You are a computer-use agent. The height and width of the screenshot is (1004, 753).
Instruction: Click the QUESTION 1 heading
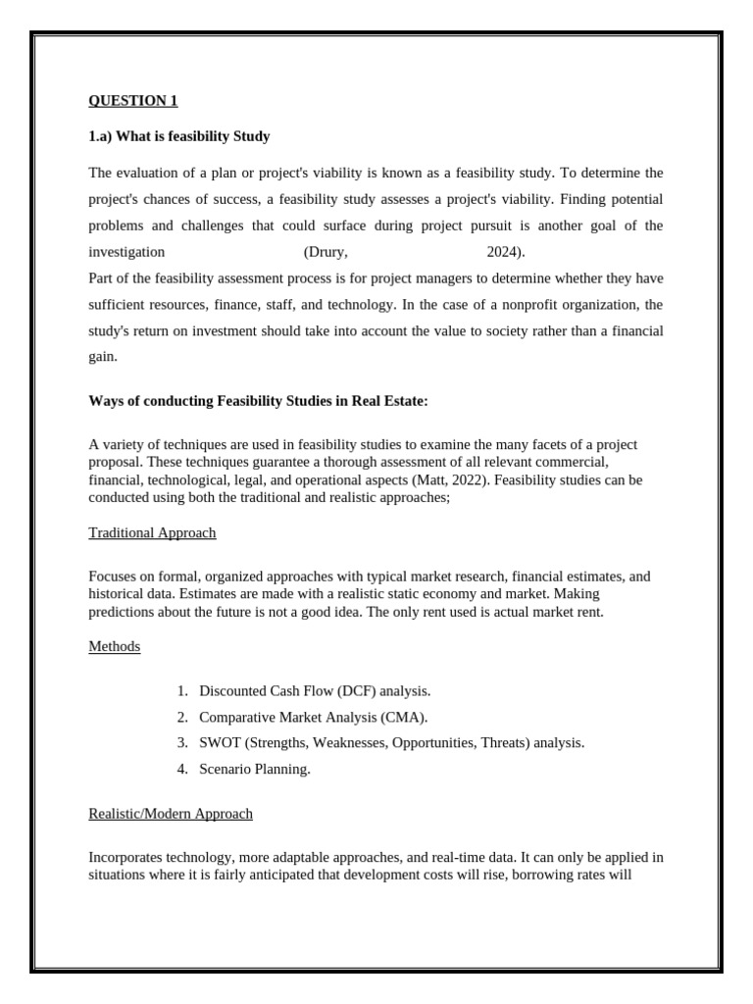click(x=133, y=101)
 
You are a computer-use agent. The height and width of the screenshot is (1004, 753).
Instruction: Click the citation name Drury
click(x=326, y=252)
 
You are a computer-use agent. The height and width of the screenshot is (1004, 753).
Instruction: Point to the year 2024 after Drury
click(x=504, y=252)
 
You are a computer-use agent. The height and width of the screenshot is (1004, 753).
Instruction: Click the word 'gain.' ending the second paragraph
click(x=103, y=358)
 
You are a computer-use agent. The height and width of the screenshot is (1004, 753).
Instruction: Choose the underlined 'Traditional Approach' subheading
click(x=152, y=533)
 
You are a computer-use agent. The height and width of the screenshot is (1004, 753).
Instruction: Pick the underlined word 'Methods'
click(x=115, y=647)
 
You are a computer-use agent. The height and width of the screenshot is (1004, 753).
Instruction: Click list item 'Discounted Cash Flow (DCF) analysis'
click(x=315, y=691)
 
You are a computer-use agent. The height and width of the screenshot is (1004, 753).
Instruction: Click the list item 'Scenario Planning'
click(x=255, y=770)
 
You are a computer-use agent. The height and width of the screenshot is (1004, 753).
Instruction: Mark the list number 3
click(x=182, y=743)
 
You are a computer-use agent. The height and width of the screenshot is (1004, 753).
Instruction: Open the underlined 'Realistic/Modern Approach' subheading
click(x=171, y=814)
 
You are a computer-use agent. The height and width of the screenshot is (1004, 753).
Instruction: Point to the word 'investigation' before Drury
click(x=126, y=252)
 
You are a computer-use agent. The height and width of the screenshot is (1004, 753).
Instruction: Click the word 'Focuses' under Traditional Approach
click(x=113, y=577)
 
